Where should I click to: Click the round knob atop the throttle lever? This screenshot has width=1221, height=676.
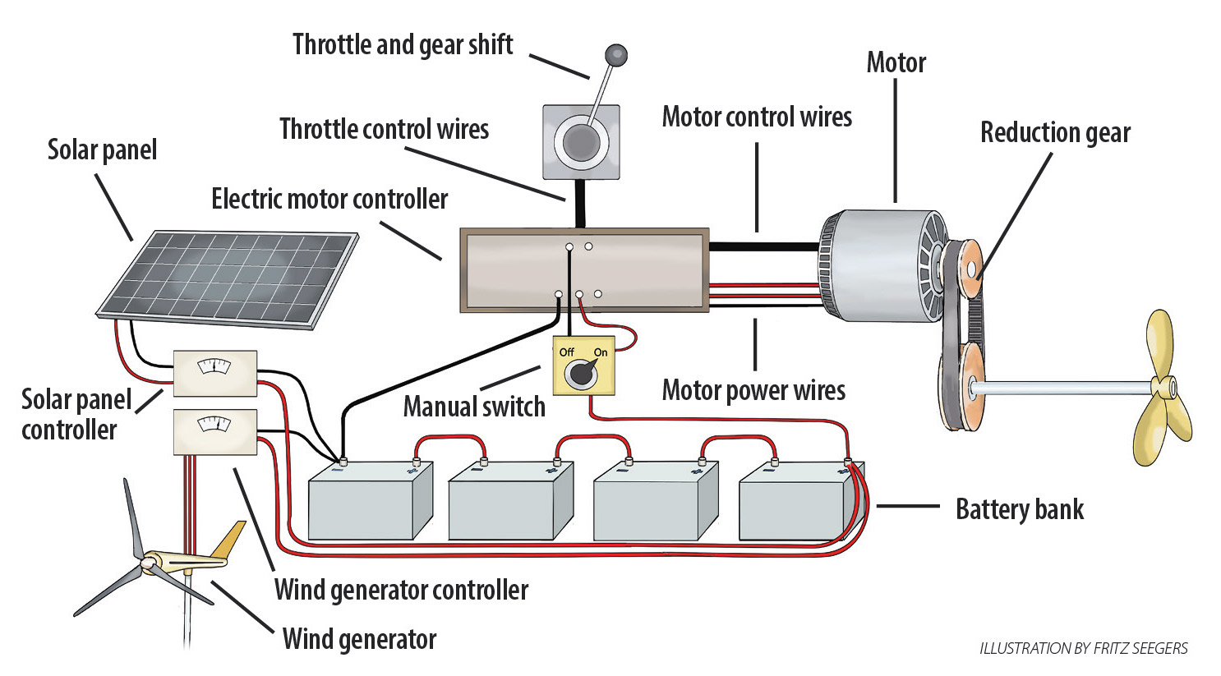(x=615, y=56)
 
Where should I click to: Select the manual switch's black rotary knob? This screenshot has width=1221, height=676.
(x=583, y=374)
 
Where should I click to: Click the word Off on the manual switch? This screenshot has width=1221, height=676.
(x=566, y=352)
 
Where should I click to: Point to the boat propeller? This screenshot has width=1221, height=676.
(x=1160, y=389)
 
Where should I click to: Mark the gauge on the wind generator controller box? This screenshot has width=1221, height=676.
(x=214, y=425)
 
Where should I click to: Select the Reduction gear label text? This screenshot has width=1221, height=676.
(x=1055, y=133)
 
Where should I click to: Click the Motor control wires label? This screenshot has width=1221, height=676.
(x=757, y=117)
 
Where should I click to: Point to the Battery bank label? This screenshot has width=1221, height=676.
(x=1019, y=509)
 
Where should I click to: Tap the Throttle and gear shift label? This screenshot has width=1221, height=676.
(x=403, y=45)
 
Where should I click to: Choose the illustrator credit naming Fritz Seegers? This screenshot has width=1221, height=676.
(x=1083, y=649)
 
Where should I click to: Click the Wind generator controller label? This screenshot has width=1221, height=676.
(x=401, y=590)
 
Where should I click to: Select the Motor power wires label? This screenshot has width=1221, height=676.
(x=753, y=390)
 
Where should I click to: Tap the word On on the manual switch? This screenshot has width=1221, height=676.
(x=601, y=352)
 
